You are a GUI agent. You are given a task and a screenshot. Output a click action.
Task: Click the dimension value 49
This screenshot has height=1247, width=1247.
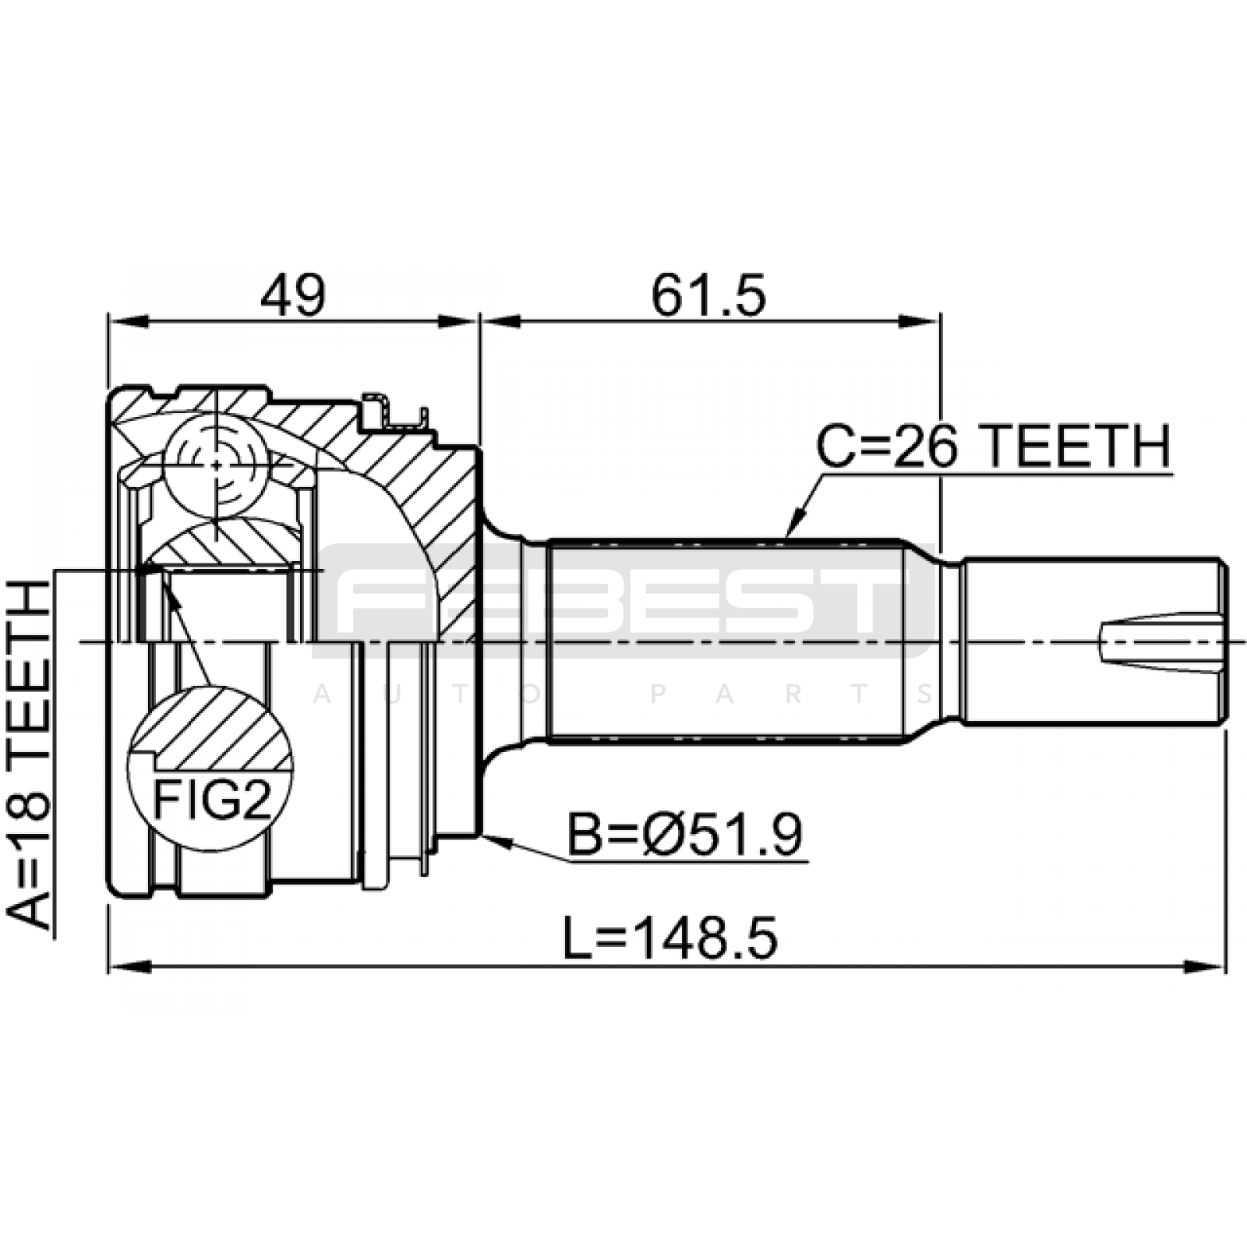tap(292, 295)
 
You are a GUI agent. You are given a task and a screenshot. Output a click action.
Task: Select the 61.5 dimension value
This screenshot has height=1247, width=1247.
tap(709, 295)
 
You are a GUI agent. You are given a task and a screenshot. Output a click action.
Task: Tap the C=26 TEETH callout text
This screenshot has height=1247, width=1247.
tap(993, 447)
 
